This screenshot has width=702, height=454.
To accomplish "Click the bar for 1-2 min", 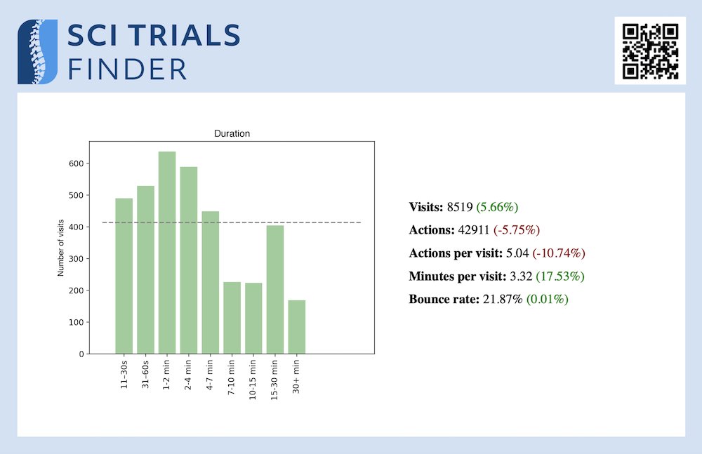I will click(167, 253).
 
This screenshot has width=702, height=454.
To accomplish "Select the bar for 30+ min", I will click(297, 327).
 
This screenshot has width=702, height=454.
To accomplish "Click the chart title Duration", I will click(232, 133).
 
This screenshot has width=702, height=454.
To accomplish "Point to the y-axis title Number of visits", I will click(61, 247).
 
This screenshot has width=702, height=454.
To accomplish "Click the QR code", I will click(651, 51).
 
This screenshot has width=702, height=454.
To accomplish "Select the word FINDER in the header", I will click(127, 69).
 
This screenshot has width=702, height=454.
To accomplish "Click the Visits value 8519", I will click(460, 207).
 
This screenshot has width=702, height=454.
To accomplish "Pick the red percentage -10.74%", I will click(559, 253).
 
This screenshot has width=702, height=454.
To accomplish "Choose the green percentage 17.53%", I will click(560, 276).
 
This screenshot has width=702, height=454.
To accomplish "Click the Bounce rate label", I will click(442, 299).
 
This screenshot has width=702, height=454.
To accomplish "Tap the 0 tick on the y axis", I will click(81, 354).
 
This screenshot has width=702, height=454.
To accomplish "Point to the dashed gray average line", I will click(337, 222).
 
